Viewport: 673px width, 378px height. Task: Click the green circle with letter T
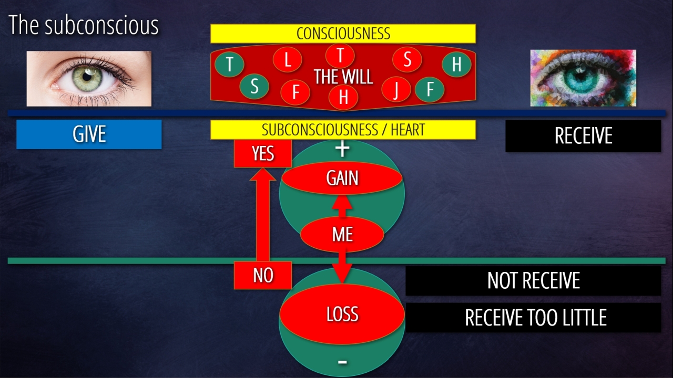(x=230, y=64)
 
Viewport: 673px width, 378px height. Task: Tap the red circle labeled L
(x=288, y=59)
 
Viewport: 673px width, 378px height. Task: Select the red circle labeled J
(x=396, y=89)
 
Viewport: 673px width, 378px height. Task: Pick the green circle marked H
(x=457, y=64)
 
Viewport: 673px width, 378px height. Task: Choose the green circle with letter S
(x=254, y=87)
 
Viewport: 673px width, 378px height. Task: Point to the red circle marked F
(x=295, y=92)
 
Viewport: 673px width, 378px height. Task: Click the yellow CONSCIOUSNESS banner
(x=343, y=33)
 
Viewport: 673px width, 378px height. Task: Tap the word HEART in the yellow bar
(x=407, y=130)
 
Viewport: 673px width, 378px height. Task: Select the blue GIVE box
(x=89, y=134)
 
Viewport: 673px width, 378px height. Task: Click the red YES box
(x=263, y=153)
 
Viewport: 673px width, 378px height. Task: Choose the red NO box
(x=263, y=275)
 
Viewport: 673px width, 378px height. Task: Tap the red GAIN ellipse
(x=342, y=178)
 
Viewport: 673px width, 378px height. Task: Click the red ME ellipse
(x=342, y=234)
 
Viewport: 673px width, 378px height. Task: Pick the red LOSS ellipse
(x=342, y=314)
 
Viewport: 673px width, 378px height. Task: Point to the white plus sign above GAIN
(x=342, y=149)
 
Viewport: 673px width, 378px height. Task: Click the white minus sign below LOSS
(x=342, y=362)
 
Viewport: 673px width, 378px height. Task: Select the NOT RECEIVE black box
(x=533, y=280)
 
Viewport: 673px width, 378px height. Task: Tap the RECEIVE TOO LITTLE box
(x=533, y=318)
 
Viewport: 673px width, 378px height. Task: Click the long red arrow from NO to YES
(x=263, y=215)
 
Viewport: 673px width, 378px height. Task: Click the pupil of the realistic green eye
(x=87, y=77)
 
